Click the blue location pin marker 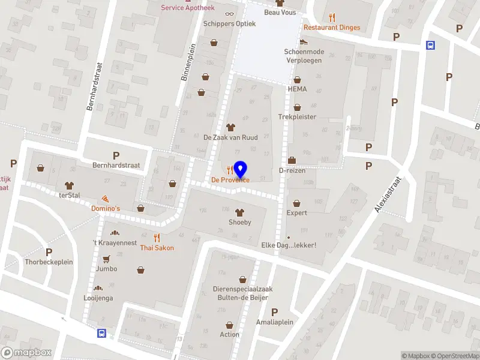(240, 169)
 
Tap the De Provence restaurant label (230, 180)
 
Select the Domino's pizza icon (106, 199)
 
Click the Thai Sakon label (157, 248)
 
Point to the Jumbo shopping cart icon (106, 259)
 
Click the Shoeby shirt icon (239, 212)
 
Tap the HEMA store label (297, 89)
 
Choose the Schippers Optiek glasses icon (229, 14)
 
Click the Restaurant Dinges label (332, 28)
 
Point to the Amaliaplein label (274, 322)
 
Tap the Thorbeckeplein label (49, 262)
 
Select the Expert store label (297, 213)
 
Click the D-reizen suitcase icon (292, 160)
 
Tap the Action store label (229, 335)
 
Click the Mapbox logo (26, 353)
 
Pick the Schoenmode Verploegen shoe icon (304, 42)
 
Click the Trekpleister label (297, 117)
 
